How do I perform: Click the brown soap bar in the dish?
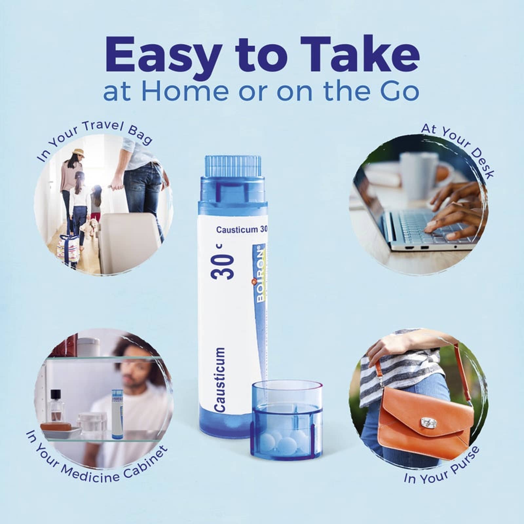point(56,427)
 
